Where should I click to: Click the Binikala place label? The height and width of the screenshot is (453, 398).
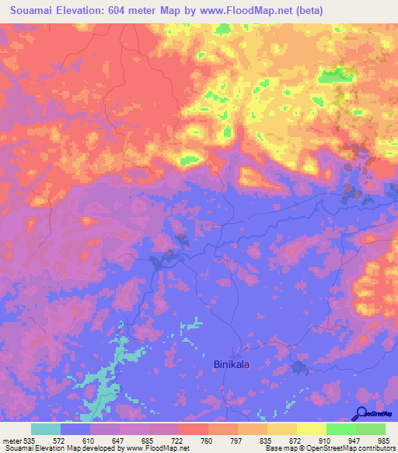pos(232,363)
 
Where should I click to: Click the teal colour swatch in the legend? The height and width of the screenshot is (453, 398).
pos(46,429)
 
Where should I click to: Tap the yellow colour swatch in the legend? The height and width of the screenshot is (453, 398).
pos(312,429)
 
